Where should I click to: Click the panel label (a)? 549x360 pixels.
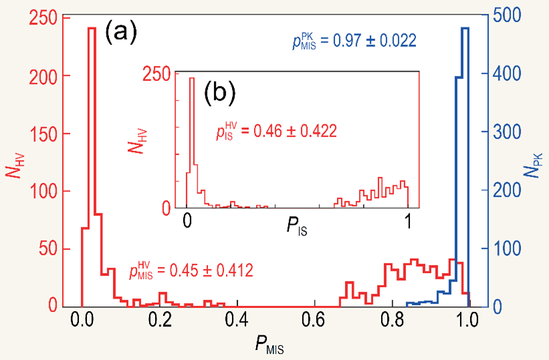tap(120, 31)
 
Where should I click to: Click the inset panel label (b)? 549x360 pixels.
tap(219, 93)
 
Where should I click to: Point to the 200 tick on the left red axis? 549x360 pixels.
tap(39, 76)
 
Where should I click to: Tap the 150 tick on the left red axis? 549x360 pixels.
tap(39, 134)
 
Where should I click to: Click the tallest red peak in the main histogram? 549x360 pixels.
tap(92, 28)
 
